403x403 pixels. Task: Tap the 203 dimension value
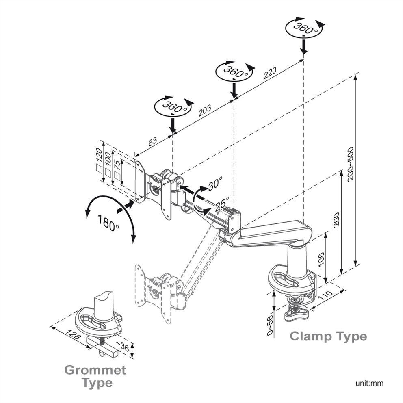(x=205, y=110)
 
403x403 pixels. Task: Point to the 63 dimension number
(x=152, y=142)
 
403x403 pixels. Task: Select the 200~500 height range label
(x=350, y=164)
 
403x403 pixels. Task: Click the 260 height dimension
(x=336, y=219)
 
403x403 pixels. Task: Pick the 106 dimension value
(x=321, y=259)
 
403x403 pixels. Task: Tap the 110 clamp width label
(x=326, y=296)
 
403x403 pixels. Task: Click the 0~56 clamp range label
(x=270, y=325)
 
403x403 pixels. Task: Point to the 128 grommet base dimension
(x=74, y=335)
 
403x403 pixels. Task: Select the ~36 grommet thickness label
(x=122, y=347)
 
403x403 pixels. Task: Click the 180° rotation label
(x=108, y=223)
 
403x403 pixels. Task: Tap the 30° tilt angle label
(x=215, y=183)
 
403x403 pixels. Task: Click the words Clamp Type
(x=329, y=336)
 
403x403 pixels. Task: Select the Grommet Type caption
(x=95, y=376)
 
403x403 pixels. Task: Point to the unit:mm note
(x=369, y=383)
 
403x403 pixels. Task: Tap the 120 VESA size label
(x=99, y=154)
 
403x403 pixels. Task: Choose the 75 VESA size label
(x=117, y=165)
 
